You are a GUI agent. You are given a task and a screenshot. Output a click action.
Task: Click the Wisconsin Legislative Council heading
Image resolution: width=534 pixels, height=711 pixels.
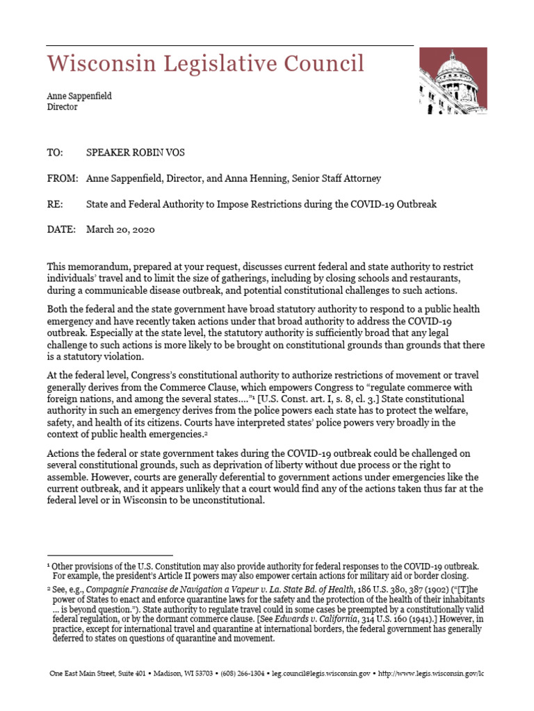click(x=205, y=64)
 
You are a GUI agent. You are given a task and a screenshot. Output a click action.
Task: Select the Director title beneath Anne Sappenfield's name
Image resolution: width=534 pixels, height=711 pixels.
click(x=62, y=108)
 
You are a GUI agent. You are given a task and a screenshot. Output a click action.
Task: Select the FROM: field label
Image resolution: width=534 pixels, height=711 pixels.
click(x=63, y=178)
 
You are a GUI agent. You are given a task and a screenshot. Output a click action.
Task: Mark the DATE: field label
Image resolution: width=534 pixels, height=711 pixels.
click(x=61, y=230)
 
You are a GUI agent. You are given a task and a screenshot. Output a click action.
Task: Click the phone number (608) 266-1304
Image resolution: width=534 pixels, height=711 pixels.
click(x=237, y=674)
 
